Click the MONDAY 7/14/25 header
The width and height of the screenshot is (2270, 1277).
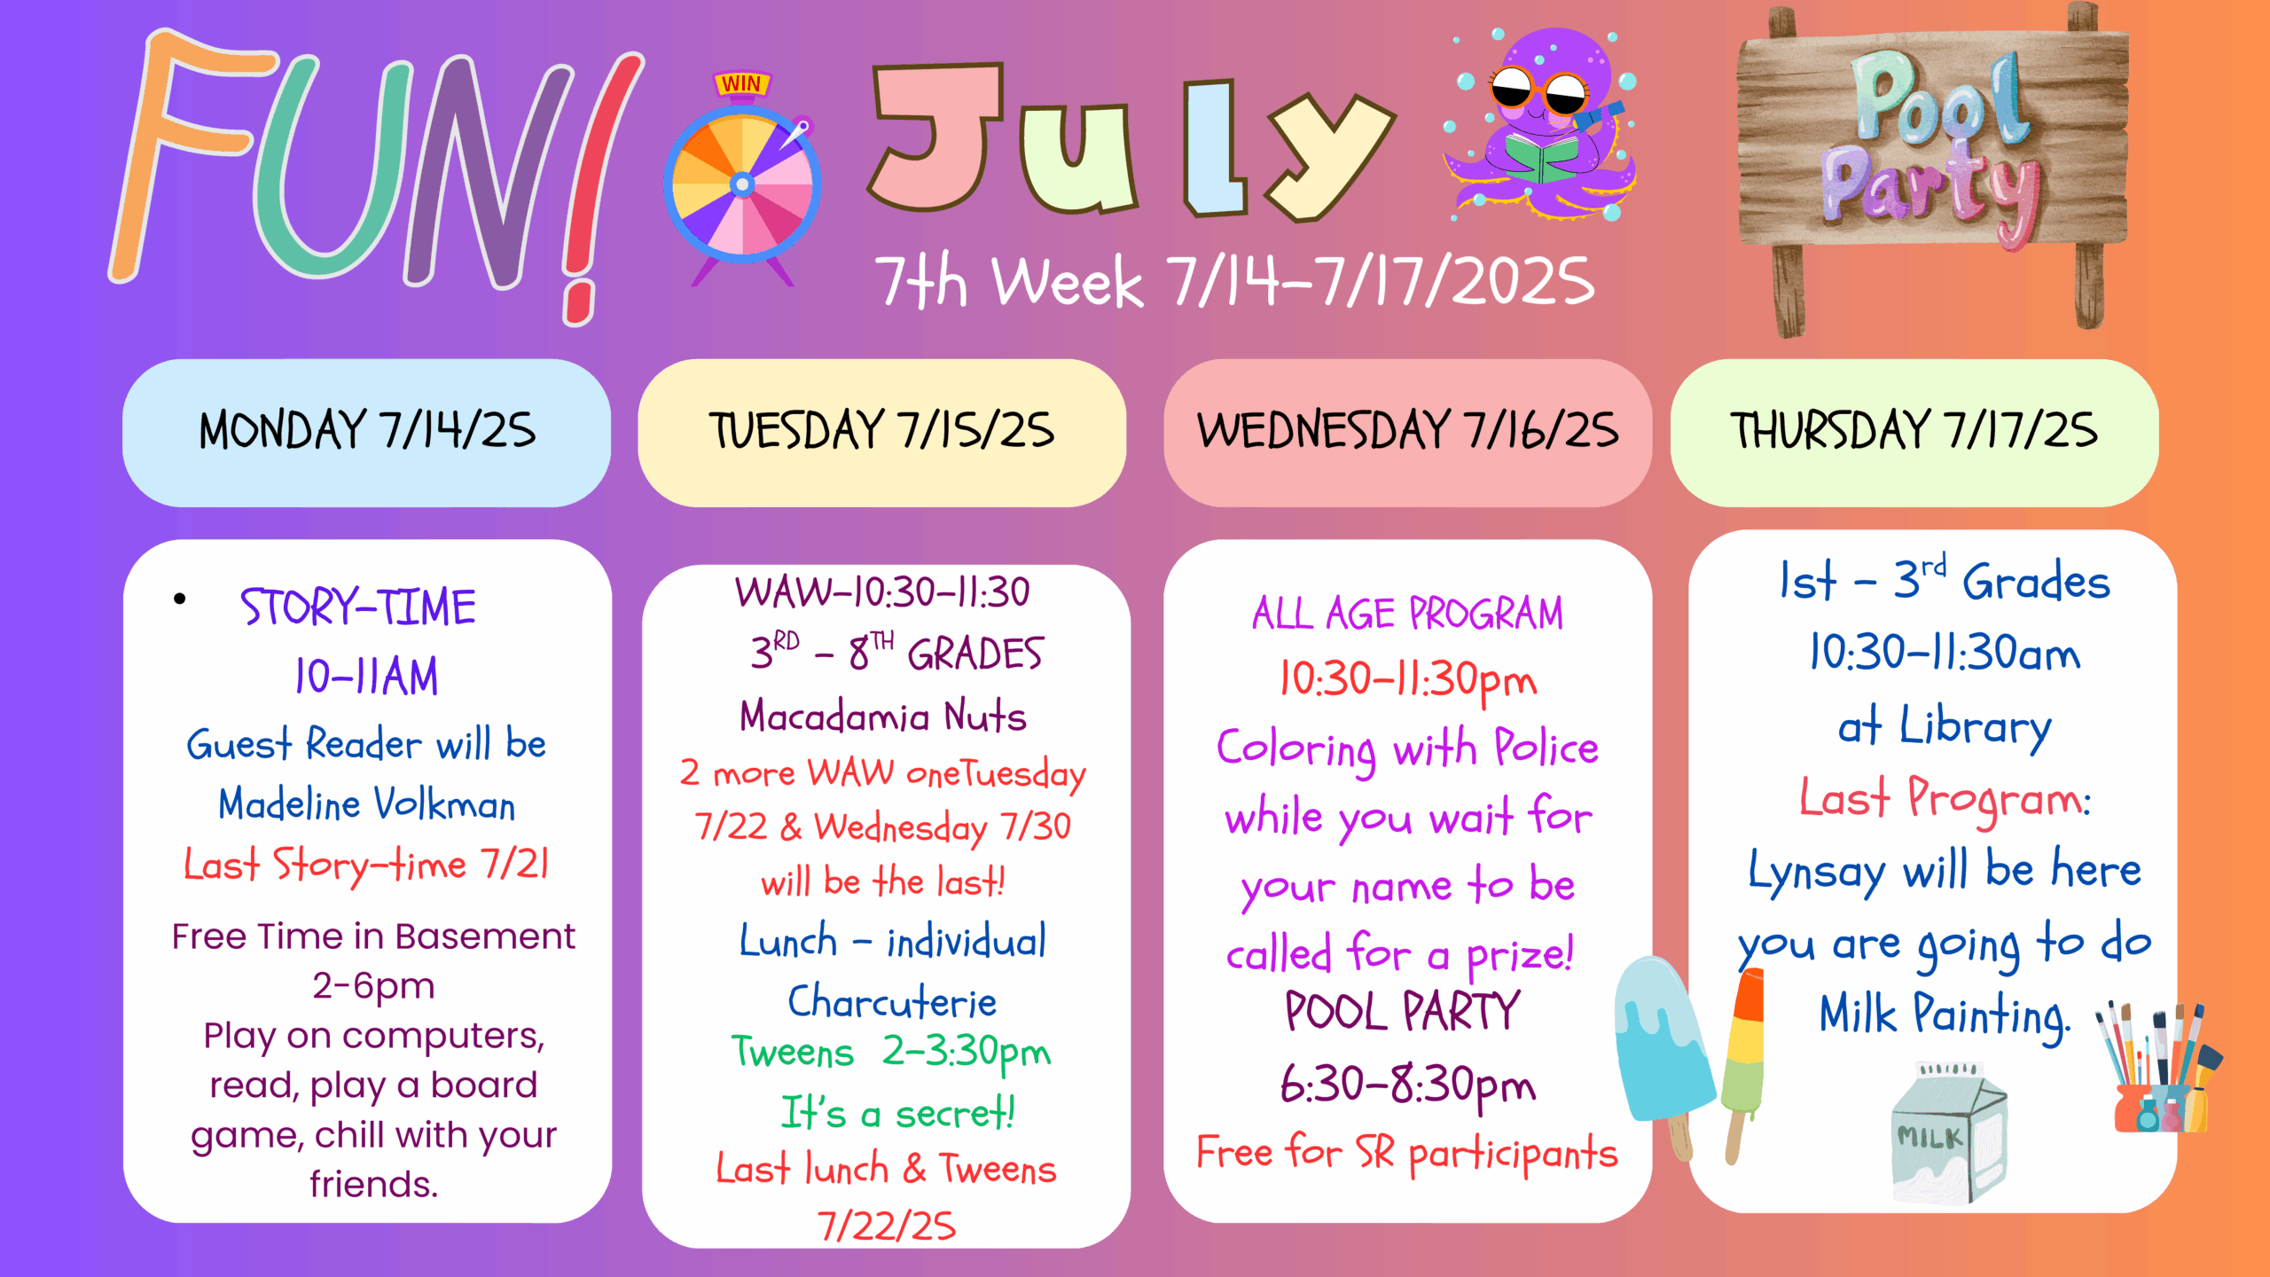366,432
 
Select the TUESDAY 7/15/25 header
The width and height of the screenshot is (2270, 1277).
881,432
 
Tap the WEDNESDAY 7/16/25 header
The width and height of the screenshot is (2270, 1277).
1407,432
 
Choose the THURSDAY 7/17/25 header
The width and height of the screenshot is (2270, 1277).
1914,432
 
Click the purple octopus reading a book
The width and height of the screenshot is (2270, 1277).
1541,124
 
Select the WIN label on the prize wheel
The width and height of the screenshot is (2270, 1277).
741,84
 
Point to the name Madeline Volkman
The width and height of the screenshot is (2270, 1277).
366,804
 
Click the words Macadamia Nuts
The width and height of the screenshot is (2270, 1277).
883,716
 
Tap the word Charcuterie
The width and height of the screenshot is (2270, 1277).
892,1002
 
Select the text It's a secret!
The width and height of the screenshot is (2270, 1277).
897,1112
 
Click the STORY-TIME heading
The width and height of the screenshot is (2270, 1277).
358,607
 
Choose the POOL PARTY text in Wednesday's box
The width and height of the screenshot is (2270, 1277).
1403,1011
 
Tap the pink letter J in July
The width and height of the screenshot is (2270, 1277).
936,137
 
